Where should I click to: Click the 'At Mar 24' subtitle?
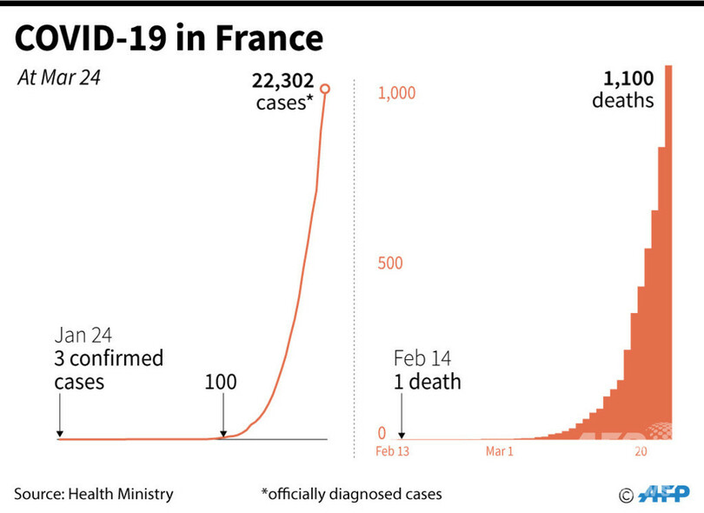[59, 77]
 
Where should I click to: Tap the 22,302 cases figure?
[283, 81]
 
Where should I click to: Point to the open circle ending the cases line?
[325, 89]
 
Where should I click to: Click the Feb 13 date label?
[392, 452]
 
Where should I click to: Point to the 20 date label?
[641, 452]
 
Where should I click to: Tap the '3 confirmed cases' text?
[109, 370]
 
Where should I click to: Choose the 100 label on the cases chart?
[220, 382]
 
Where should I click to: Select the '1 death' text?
[427, 382]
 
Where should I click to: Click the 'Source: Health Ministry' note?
[94, 494]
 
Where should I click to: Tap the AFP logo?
[662, 495]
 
